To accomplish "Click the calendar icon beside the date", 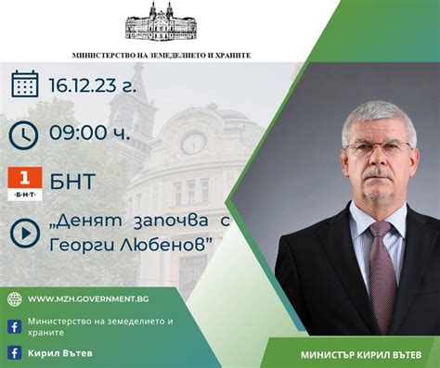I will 24,84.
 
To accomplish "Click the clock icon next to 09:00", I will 24,134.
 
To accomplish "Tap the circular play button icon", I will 24,234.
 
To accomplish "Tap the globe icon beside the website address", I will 14,298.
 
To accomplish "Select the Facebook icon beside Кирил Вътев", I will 14,352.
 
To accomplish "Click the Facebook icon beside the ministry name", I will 14,325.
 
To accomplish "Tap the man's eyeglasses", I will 376,147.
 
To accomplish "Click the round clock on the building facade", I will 193,143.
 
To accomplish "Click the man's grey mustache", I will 377,173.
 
